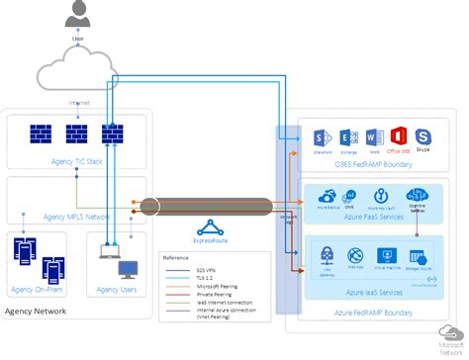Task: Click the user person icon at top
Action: (x=77, y=15)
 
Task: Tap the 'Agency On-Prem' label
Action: (x=40, y=290)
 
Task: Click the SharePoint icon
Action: (x=321, y=136)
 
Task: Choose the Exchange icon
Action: (x=347, y=136)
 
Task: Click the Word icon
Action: (x=373, y=136)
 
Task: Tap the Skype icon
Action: (x=423, y=135)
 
